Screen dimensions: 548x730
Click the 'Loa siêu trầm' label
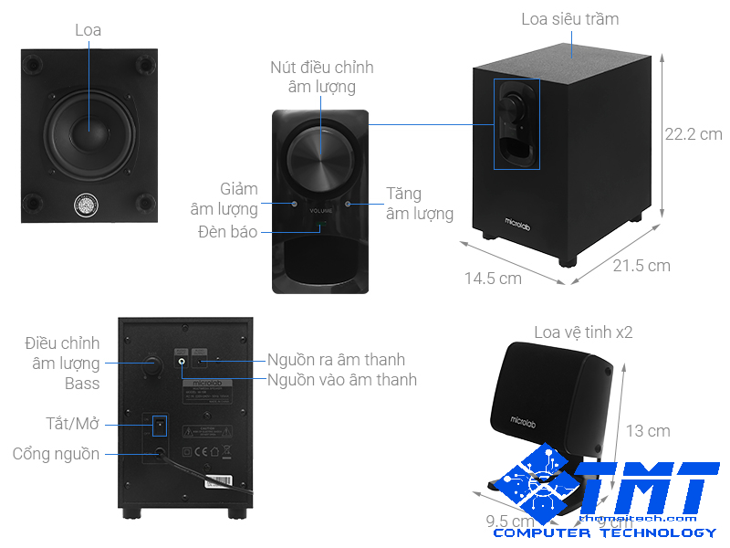click(569, 19)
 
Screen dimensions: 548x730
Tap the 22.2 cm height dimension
click(693, 133)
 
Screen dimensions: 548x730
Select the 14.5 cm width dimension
click(493, 278)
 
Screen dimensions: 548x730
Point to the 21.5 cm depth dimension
click(641, 266)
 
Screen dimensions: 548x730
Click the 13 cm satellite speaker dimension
click(647, 430)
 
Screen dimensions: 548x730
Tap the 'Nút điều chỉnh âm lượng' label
click(321, 77)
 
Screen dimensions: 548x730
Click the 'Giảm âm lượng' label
click(224, 199)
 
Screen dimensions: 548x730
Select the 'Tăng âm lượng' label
click(419, 204)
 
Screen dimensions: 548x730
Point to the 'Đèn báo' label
click(227, 232)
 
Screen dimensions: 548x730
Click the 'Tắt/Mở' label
click(73, 424)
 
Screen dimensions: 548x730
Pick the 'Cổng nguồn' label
click(57, 454)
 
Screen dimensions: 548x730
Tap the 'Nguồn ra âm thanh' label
click(336, 360)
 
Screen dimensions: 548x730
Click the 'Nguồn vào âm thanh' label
click(342, 380)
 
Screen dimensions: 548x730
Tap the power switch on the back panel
click(160, 425)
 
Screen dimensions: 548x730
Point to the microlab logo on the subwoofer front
click(520, 220)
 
